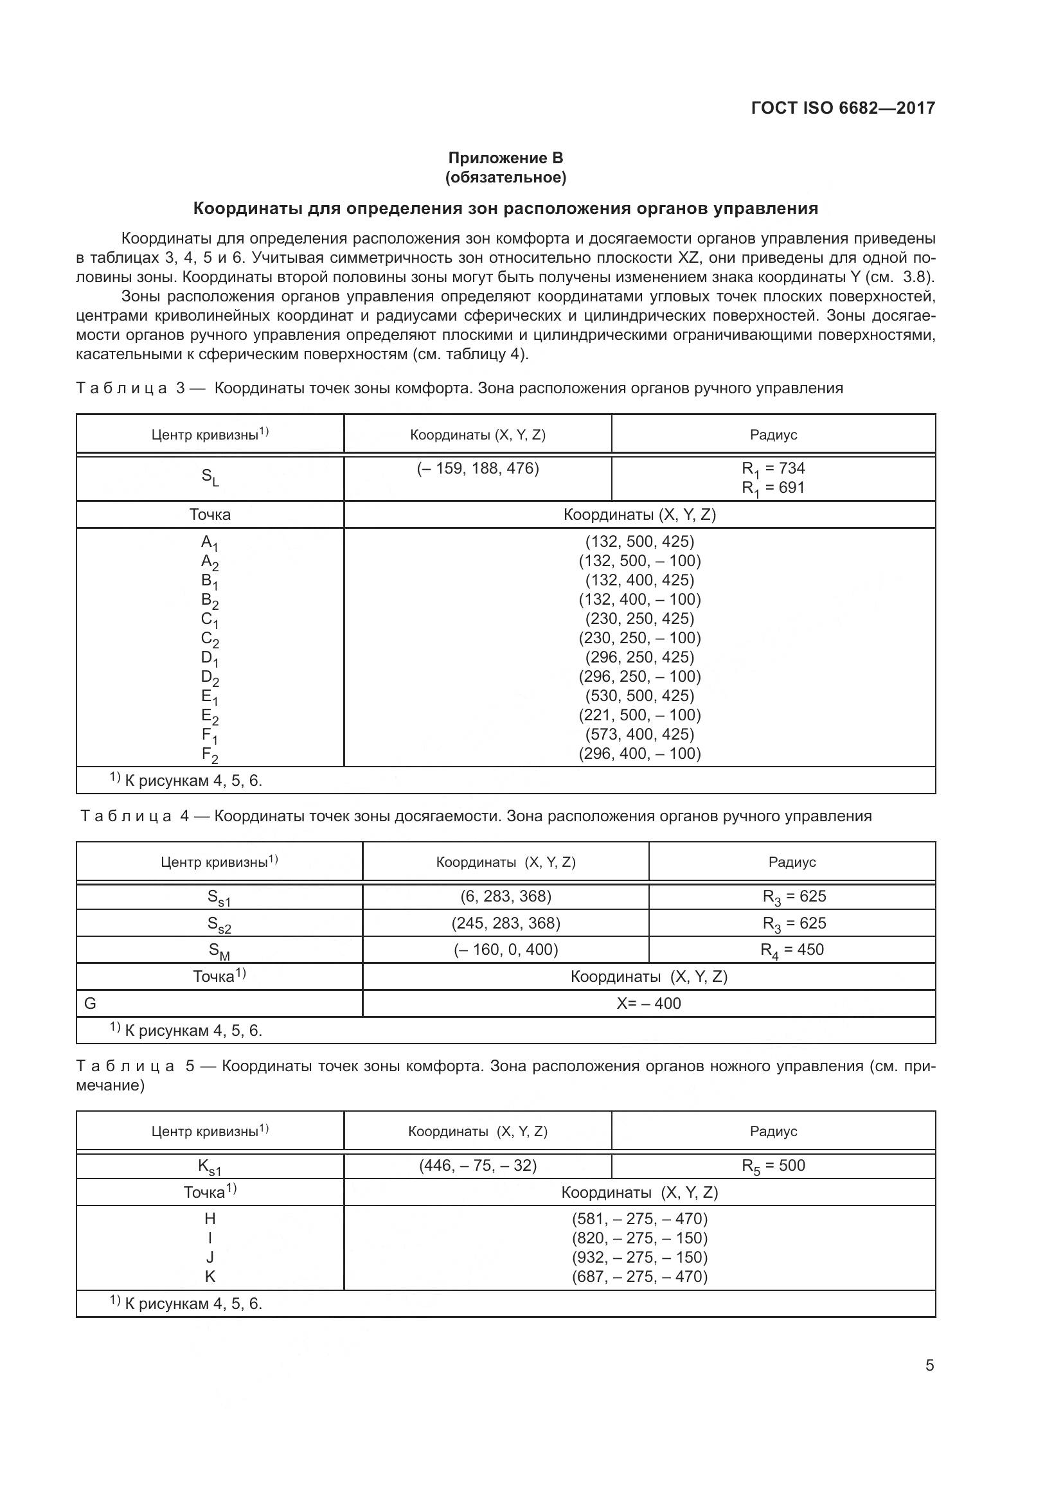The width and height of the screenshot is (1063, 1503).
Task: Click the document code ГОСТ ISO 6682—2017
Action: tap(843, 108)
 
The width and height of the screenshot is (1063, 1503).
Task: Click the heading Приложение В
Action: tap(505, 158)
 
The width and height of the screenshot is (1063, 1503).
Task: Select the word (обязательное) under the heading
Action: tap(505, 177)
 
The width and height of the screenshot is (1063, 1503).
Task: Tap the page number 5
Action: tap(929, 1365)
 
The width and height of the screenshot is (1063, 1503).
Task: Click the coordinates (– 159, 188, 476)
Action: tap(478, 468)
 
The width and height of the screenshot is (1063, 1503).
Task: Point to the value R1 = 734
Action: tap(773, 468)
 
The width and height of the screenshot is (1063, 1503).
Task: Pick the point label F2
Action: tap(210, 755)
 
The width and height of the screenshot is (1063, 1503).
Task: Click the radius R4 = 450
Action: tap(792, 950)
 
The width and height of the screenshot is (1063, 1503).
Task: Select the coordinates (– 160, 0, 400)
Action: tap(506, 950)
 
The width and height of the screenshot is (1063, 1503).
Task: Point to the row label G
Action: tap(91, 1003)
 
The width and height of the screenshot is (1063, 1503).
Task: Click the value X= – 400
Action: tap(648, 1003)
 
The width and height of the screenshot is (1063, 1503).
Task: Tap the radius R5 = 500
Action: tap(773, 1166)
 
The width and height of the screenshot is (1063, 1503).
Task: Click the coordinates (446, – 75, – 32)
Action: tap(478, 1166)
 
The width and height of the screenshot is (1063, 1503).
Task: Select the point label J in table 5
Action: tap(210, 1257)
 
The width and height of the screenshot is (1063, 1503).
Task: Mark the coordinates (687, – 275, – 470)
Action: tap(639, 1277)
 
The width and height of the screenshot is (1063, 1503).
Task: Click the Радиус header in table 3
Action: tap(773, 434)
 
